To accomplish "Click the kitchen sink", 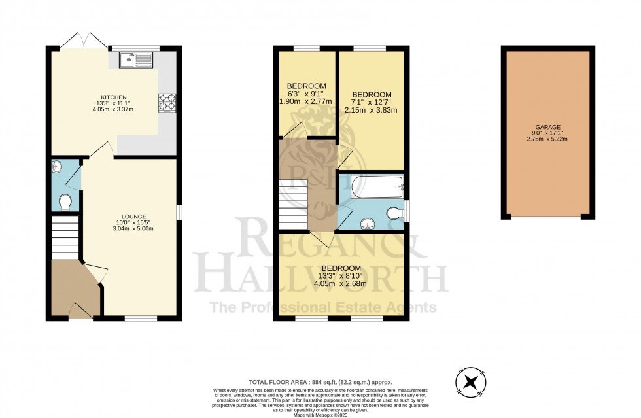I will (x=135, y=61).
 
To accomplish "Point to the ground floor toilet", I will (x=65, y=202).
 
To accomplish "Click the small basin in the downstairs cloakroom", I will (x=56, y=167).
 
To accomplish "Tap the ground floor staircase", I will (x=65, y=239).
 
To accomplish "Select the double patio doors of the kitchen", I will (x=83, y=41).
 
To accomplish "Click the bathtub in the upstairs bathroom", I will (x=374, y=188).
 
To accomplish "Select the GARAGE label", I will (x=547, y=128).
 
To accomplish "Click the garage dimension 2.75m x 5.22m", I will (x=547, y=139).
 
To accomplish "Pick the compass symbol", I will (x=470, y=381).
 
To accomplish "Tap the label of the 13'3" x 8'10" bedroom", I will (x=341, y=268).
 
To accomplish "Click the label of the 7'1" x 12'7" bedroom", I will (x=370, y=94).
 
